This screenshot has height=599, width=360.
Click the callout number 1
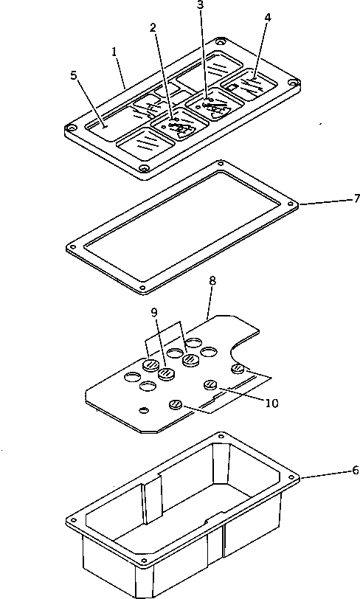(114, 52)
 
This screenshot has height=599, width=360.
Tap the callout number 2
(153, 27)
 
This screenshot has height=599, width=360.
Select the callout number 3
(200, 5)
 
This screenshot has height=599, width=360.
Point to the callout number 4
(268, 18)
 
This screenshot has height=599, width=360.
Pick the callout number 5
(73, 75)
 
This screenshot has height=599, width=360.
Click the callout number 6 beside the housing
(356, 470)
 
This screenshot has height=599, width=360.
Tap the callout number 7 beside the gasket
(356, 198)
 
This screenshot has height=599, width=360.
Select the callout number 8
(212, 281)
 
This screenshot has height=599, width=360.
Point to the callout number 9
(153, 313)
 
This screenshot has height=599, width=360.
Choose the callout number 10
(271, 403)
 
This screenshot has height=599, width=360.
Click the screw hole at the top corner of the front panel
(219, 41)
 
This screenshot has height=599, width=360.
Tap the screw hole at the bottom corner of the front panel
(143, 167)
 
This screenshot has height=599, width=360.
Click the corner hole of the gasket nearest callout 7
(291, 205)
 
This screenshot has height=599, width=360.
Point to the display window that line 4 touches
(248, 84)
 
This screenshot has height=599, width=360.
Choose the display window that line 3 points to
(215, 103)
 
